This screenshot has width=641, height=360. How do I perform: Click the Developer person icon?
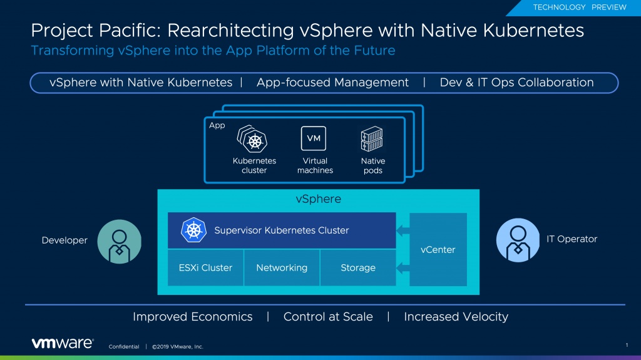(x=120, y=241)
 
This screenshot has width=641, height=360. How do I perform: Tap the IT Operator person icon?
(x=518, y=240)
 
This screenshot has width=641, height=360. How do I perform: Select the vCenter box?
(x=438, y=249)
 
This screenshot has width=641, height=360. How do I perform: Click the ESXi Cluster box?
(x=205, y=267)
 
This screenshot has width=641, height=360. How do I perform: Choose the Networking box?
(x=282, y=267)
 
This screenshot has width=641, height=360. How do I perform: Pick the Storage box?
(x=358, y=267)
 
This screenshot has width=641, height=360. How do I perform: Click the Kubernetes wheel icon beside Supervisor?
(x=193, y=230)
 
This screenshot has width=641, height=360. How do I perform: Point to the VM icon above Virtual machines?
(x=314, y=138)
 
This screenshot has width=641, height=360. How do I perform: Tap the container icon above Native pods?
(x=372, y=139)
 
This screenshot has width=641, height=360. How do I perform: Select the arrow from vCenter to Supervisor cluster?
(x=403, y=230)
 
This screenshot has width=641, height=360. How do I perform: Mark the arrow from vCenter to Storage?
(x=403, y=267)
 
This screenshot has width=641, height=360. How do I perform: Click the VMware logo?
(x=63, y=343)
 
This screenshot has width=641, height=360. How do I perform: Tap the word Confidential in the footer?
(x=124, y=347)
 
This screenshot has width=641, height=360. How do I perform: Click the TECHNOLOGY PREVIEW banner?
(x=579, y=8)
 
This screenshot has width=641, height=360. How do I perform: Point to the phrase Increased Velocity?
(x=456, y=317)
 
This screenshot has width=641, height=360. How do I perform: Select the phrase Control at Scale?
(x=328, y=317)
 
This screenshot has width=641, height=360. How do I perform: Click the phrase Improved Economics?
(x=193, y=317)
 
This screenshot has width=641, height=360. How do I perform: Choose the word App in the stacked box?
(x=217, y=126)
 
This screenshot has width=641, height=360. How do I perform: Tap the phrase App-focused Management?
(x=332, y=83)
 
